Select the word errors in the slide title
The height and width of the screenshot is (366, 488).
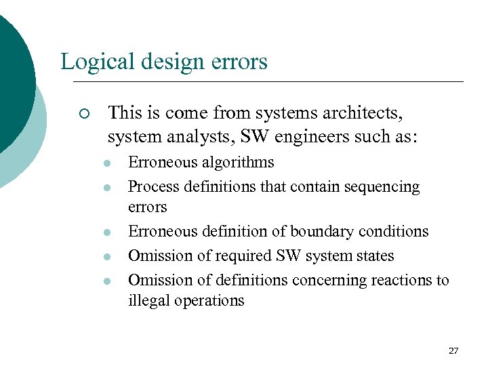click(239, 62)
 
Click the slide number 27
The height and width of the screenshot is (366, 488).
click(453, 350)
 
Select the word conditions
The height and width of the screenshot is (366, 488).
click(395, 232)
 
